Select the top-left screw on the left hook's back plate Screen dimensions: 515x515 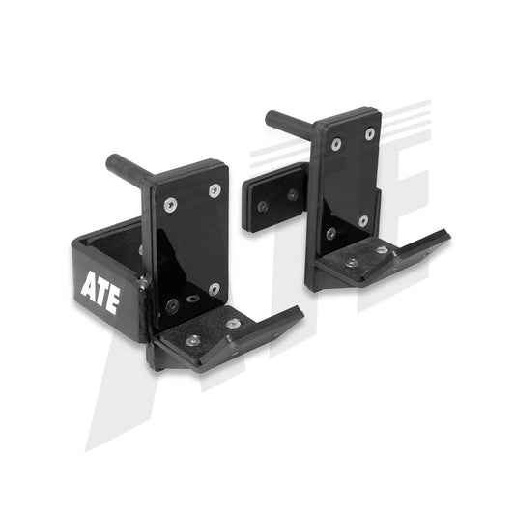pyautogui.click(x=171, y=205)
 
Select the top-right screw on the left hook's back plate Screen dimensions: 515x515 pyautogui.click(x=215, y=190)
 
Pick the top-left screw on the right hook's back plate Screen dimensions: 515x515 pyautogui.click(x=335, y=145)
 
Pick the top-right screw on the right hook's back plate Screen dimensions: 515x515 pyautogui.click(x=369, y=133)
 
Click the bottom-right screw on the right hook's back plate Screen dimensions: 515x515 pyautogui.click(x=363, y=220)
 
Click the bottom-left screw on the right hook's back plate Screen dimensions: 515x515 pyautogui.click(x=330, y=233)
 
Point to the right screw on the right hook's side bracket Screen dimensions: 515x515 pyautogui.click(x=292, y=194)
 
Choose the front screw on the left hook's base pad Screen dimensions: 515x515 pyautogui.click(x=192, y=340)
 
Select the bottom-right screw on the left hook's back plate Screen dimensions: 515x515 pyautogui.click(x=214, y=289)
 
